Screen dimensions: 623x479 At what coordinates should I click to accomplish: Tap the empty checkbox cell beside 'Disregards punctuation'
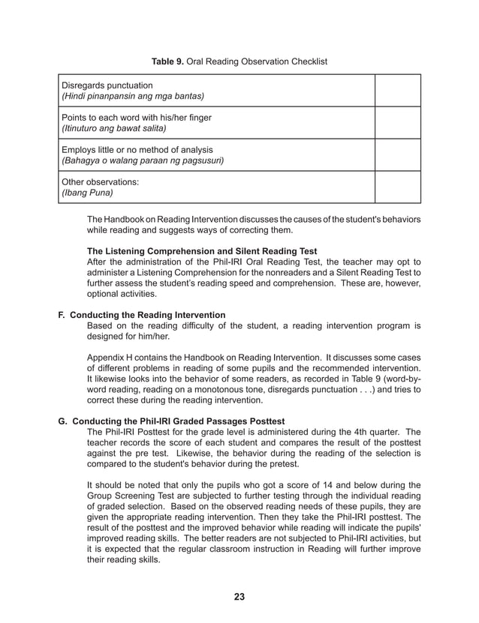tap(398, 91)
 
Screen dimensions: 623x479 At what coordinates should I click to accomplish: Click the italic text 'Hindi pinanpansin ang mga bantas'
tap(132, 97)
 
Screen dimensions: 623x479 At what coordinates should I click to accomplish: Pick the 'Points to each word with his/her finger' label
tap(137, 118)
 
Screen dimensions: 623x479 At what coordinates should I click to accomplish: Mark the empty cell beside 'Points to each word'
tap(398, 123)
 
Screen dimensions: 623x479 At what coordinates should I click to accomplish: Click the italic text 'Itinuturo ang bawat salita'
tap(113, 129)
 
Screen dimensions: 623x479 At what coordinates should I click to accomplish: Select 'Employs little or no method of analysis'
tap(137, 150)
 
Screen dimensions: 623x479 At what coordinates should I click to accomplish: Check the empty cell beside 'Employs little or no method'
tap(398, 155)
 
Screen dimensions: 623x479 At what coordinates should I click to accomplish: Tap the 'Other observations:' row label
tap(101, 182)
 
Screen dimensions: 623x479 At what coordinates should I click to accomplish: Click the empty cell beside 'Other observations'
tap(398, 187)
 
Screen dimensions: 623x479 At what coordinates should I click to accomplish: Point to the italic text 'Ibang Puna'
tap(87, 193)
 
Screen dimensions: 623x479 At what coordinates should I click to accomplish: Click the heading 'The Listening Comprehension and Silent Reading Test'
tap(202, 251)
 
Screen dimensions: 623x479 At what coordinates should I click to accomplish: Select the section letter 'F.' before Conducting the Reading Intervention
tap(63, 315)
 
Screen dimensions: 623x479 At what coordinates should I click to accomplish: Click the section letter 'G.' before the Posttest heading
tap(63, 421)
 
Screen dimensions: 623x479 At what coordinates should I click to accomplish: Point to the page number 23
tap(239, 597)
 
